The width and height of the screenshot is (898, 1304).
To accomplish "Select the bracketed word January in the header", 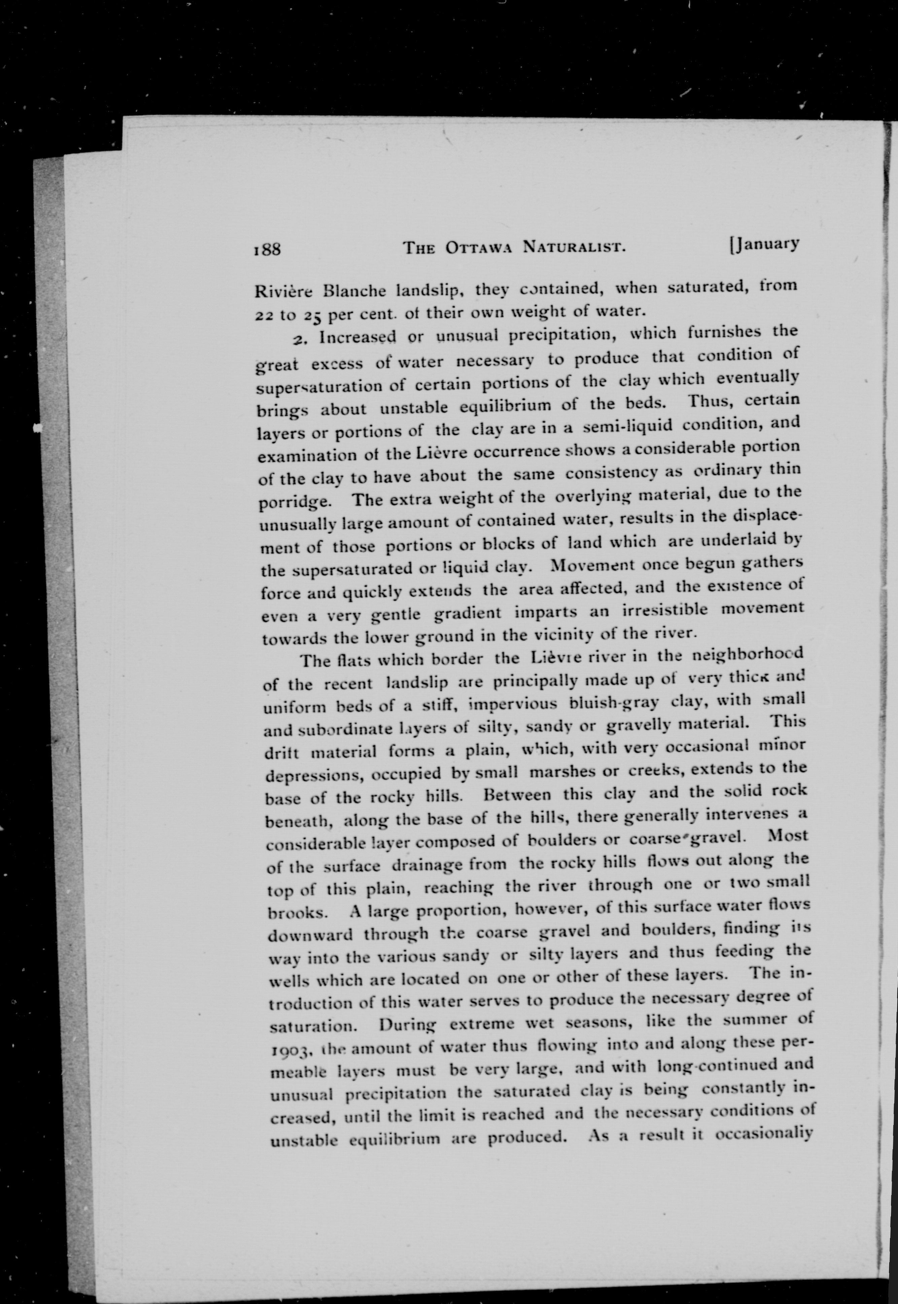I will (764, 244).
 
